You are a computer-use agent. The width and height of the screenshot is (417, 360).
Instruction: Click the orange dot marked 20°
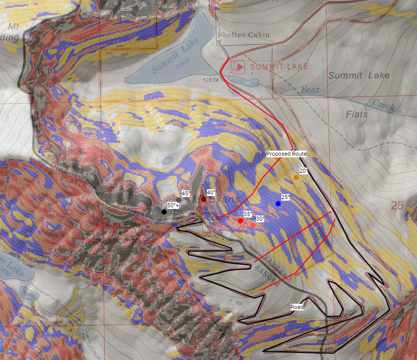(x=296, y=177)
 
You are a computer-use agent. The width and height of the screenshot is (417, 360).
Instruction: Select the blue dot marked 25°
(x=278, y=204)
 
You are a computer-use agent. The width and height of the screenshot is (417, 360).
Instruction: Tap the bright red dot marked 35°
(x=240, y=221)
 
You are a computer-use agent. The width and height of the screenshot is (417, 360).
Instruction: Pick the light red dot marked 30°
(x=253, y=225)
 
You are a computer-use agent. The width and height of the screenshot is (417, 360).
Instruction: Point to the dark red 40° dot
(x=204, y=199)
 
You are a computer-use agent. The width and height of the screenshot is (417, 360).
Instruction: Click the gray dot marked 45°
(x=179, y=200)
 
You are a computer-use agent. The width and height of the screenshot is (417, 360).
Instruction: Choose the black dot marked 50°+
(x=164, y=211)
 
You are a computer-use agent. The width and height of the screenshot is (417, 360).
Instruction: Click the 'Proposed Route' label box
(x=286, y=154)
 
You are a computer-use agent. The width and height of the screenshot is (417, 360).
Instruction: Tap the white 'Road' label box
(x=297, y=306)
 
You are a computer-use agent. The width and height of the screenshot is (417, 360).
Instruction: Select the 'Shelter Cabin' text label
(x=237, y=35)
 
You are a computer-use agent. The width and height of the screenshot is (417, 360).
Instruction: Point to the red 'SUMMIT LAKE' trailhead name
(x=279, y=67)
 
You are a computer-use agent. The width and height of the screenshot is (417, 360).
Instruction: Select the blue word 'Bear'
(x=311, y=90)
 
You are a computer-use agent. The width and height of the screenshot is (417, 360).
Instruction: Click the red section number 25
(x=397, y=206)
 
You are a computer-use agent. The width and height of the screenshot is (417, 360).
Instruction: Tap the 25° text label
(x=285, y=197)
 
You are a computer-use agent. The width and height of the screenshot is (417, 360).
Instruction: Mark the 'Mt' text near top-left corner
(x=13, y=26)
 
